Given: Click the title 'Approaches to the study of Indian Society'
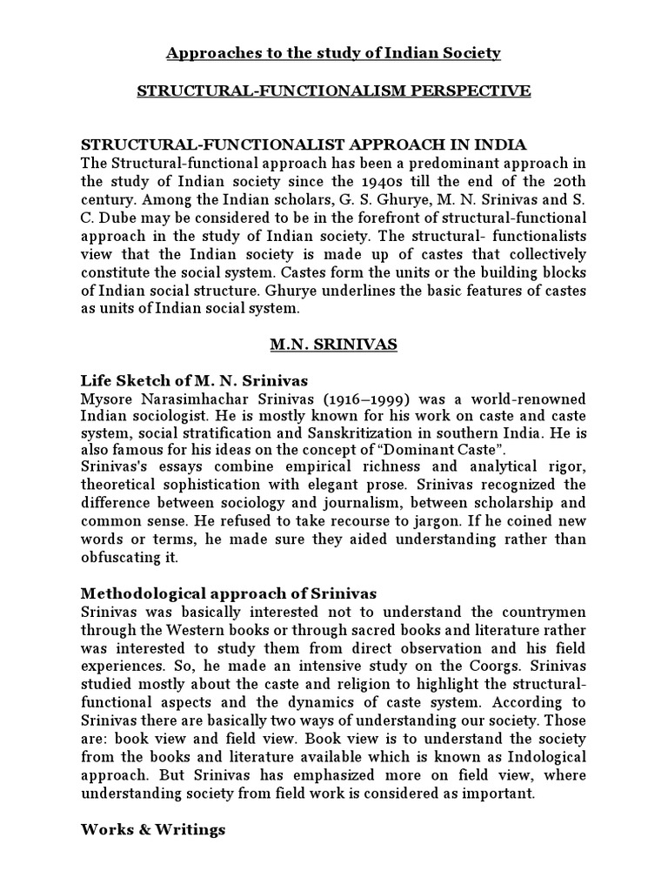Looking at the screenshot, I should click(333, 54).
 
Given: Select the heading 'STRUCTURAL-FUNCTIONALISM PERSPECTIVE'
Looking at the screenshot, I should click(333, 91).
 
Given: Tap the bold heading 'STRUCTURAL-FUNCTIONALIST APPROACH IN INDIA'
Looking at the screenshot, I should click(304, 144).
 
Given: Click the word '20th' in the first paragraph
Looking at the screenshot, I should click(569, 181).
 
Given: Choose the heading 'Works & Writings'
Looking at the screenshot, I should click(153, 829).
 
